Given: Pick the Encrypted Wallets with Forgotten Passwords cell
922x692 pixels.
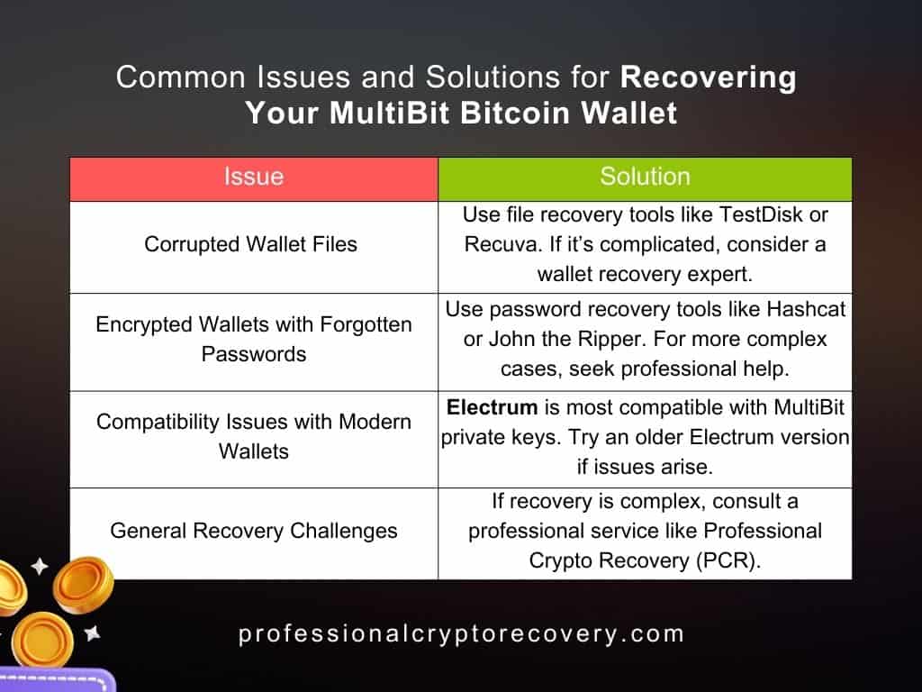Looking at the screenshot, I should coord(254,340).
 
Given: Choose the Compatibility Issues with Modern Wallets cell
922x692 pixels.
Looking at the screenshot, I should coord(254,436).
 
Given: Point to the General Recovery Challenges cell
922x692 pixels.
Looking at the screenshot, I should coord(254,531).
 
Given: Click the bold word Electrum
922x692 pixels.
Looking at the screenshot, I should coord(490,408).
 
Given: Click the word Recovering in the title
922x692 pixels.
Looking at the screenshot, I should coord(709,77).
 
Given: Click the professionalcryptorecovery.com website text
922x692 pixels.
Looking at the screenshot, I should coord(461,634).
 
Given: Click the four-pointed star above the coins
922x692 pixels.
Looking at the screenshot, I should coord(39,567).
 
